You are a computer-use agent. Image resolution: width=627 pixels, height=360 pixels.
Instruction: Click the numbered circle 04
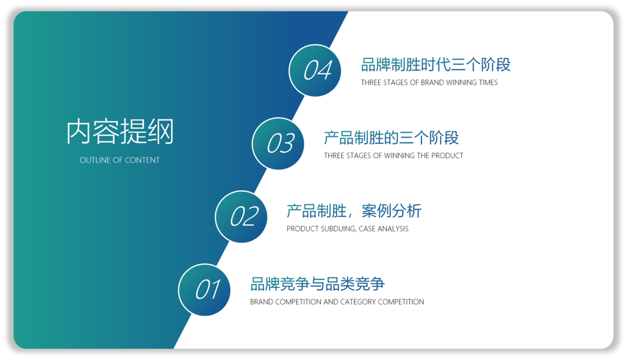click(315, 70)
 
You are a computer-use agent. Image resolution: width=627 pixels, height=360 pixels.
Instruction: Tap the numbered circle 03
click(278, 144)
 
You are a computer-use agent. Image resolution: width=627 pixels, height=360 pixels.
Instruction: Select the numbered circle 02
click(241, 217)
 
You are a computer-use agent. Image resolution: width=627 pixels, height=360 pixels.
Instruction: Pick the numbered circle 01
click(204, 290)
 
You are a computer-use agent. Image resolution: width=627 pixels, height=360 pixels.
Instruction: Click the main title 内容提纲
click(120, 131)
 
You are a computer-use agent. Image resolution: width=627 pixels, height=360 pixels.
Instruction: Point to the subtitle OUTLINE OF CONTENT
click(119, 160)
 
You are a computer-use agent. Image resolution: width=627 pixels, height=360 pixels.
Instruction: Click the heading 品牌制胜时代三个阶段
click(436, 65)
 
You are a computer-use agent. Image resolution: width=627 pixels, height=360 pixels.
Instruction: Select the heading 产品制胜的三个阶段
click(391, 138)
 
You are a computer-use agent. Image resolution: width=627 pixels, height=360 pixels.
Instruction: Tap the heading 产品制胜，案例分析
click(354, 211)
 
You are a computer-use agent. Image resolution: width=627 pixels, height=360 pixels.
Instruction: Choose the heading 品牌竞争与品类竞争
click(318, 284)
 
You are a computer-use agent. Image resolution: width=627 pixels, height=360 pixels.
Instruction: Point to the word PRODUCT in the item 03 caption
click(447, 156)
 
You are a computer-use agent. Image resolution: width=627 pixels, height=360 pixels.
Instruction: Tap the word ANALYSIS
click(393, 229)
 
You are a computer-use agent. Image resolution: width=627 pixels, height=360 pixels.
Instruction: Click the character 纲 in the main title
click(161, 131)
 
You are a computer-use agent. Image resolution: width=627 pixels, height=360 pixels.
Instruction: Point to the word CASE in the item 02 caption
click(367, 229)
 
